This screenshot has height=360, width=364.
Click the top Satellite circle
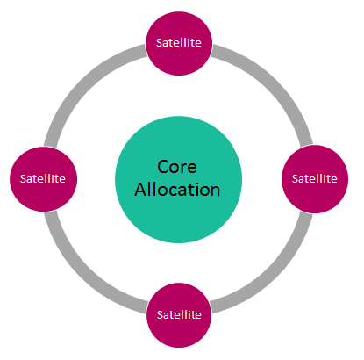[x=179, y=43]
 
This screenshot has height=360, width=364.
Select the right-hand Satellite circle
[x=315, y=179]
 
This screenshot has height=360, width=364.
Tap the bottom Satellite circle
[x=179, y=315]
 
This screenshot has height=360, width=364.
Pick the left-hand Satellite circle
[x=43, y=179]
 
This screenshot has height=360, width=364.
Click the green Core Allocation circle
[x=178, y=179]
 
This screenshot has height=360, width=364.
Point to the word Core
[x=177, y=167]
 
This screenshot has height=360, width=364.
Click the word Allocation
[x=177, y=190]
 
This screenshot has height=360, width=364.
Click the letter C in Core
[x=162, y=167]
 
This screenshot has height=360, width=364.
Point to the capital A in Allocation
[x=140, y=190]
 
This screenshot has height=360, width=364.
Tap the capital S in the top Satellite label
[x=159, y=43]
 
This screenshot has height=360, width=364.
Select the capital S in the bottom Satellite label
[x=160, y=315]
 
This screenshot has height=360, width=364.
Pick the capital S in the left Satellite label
[x=23, y=179]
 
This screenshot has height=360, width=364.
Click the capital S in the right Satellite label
[x=295, y=179]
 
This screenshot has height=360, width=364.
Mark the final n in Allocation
[x=215, y=191]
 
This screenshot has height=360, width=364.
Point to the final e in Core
[x=192, y=169]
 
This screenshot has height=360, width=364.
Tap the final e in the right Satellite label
[x=334, y=180]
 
